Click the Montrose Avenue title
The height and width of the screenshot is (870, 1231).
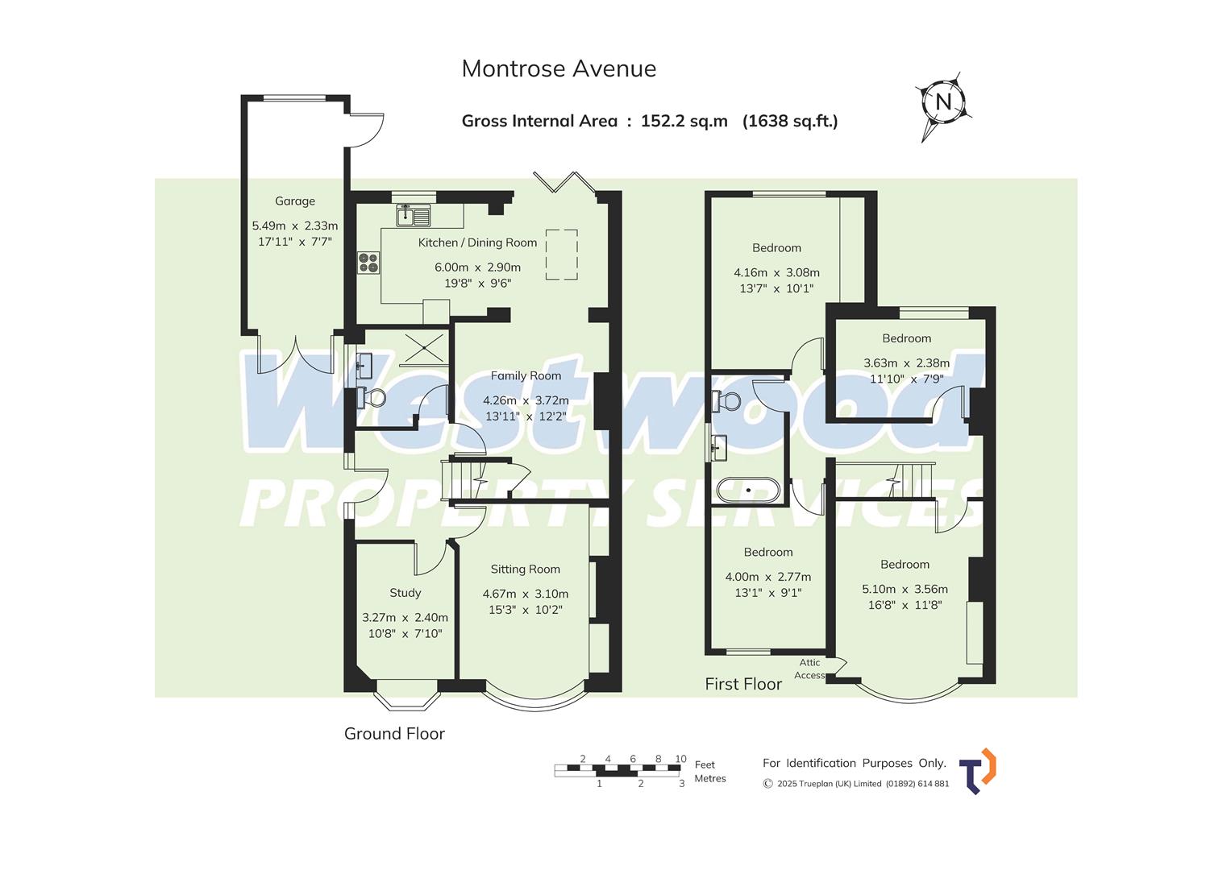click(x=559, y=69)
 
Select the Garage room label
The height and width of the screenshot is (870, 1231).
click(x=295, y=201)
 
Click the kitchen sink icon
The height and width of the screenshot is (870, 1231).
click(x=414, y=215)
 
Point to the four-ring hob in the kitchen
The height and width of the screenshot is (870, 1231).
click(x=368, y=263)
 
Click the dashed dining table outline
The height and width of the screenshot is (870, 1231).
click(x=562, y=255)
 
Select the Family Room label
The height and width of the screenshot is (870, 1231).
click(x=526, y=375)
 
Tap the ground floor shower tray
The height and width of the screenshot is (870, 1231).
click(x=424, y=348)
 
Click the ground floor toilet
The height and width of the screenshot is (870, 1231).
click(x=372, y=397)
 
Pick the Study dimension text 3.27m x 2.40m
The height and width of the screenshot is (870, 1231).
click(x=405, y=618)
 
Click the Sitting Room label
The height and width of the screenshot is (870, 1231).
click(x=525, y=570)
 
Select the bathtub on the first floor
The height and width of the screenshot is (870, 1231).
click(x=748, y=490)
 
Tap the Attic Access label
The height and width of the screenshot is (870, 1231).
click(x=809, y=669)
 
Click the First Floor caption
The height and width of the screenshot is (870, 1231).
click(x=743, y=684)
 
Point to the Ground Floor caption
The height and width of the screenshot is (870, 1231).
click(x=394, y=734)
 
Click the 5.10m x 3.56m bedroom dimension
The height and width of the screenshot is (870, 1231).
click(x=905, y=589)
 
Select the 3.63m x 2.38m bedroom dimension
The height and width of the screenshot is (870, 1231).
click(x=906, y=363)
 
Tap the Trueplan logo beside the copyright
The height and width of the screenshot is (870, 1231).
click(x=978, y=771)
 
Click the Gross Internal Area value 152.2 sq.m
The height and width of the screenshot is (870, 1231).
click(x=684, y=122)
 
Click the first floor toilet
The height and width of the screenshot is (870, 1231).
click(x=727, y=400)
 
